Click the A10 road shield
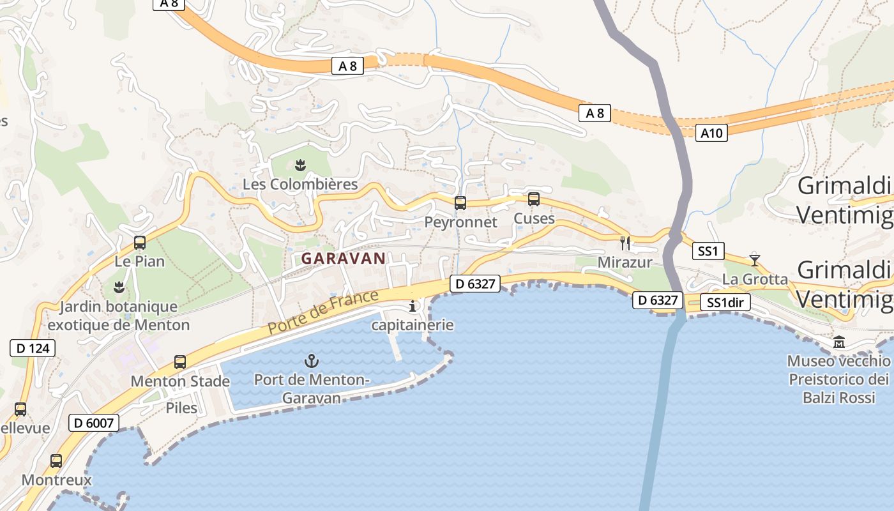click(x=711, y=133)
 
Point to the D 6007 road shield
click(x=93, y=422)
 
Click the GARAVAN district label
click(x=344, y=259)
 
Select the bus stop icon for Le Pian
click(x=140, y=243)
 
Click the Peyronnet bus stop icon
click(x=460, y=203)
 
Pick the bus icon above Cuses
click(x=534, y=199)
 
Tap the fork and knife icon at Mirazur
click(x=625, y=243)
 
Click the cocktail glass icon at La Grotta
click(x=755, y=260)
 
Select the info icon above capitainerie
click(x=413, y=307)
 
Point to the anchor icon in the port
click(x=311, y=361)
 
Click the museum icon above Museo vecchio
click(x=839, y=342)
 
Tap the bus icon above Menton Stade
click(x=180, y=362)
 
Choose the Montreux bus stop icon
click(x=56, y=461)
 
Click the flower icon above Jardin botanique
click(x=118, y=287)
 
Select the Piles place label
click(x=181, y=408)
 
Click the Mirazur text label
click(x=625, y=263)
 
